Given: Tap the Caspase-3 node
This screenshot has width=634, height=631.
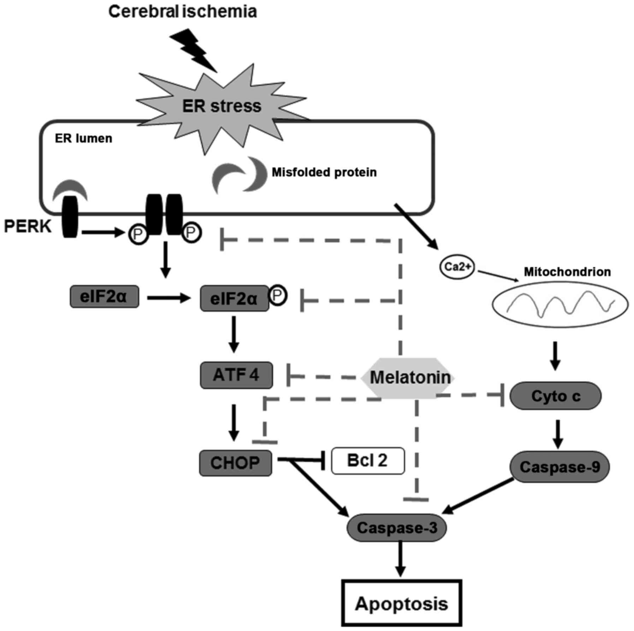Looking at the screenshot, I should (397, 528).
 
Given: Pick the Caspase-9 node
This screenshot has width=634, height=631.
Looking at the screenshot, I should (559, 467).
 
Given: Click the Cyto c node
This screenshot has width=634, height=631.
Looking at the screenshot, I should (556, 396).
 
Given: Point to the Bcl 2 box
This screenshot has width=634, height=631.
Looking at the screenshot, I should (367, 460).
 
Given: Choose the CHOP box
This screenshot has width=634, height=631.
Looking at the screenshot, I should (235, 462).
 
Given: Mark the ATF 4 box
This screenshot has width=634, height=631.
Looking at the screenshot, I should (236, 375).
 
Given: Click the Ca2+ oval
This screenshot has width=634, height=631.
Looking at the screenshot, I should (457, 266).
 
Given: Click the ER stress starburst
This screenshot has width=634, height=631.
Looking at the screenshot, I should (221, 106).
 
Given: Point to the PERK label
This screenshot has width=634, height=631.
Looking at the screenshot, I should (28, 226).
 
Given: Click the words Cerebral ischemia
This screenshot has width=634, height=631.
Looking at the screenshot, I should (182, 11).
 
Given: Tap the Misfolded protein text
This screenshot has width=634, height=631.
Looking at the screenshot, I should (324, 172).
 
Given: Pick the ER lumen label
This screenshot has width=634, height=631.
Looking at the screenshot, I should (83, 138).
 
